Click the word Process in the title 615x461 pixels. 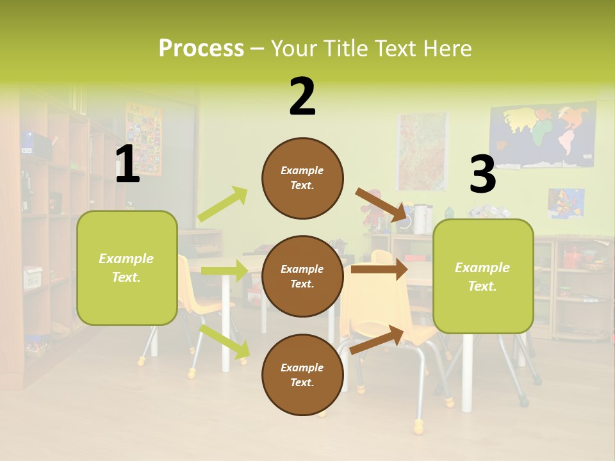click(201, 48)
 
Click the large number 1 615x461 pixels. click(127, 165)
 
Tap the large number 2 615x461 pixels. click(302, 97)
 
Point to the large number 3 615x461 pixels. click(482, 175)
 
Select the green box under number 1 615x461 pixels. click(127, 268)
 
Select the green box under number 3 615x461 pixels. click(483, 277)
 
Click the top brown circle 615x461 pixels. click(302, 178)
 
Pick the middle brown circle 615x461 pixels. click(302, 276)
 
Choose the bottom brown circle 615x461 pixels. click(302, 375)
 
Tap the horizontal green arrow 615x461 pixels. click(224, 271)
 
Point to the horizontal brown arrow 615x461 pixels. click(379, 270)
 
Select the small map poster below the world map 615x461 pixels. click(566, 203)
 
